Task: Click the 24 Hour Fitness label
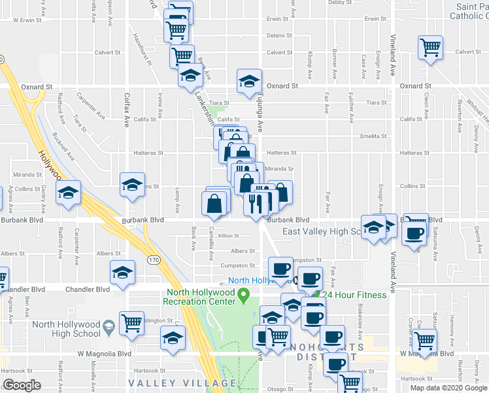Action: (x=355, y=294)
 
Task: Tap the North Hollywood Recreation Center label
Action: (x=200, y=297)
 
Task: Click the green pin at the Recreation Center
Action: (x=244, y=297)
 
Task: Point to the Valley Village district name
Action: (x=182, y=383)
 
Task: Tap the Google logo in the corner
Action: (x=22, y=385)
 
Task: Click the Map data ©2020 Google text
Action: (x=448, y=388)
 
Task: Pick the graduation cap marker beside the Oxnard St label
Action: (x=248, y=81)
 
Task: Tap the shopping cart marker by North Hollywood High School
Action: (x=132, y=323)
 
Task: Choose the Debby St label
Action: (x=340, y=3)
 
